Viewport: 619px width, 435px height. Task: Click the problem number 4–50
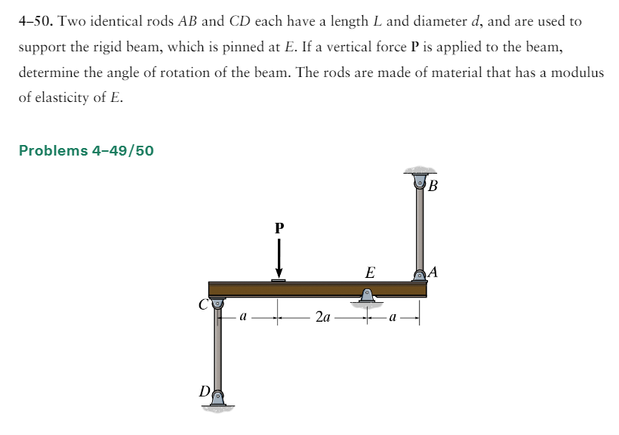click(36, 21)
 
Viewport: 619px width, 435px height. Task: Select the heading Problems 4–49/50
click(86, 150)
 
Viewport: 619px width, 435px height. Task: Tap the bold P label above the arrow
click(279, 228)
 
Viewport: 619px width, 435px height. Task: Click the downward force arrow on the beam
click(279, 258)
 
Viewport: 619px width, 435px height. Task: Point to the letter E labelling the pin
click(370, 273)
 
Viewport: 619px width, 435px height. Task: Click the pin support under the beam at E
click(367, 296)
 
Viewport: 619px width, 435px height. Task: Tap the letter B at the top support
click(433, 185)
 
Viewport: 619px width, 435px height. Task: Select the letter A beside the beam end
click(433, 272)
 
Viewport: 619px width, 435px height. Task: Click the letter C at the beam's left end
click(203, 304)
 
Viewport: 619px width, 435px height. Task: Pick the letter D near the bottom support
click(205, 391)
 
